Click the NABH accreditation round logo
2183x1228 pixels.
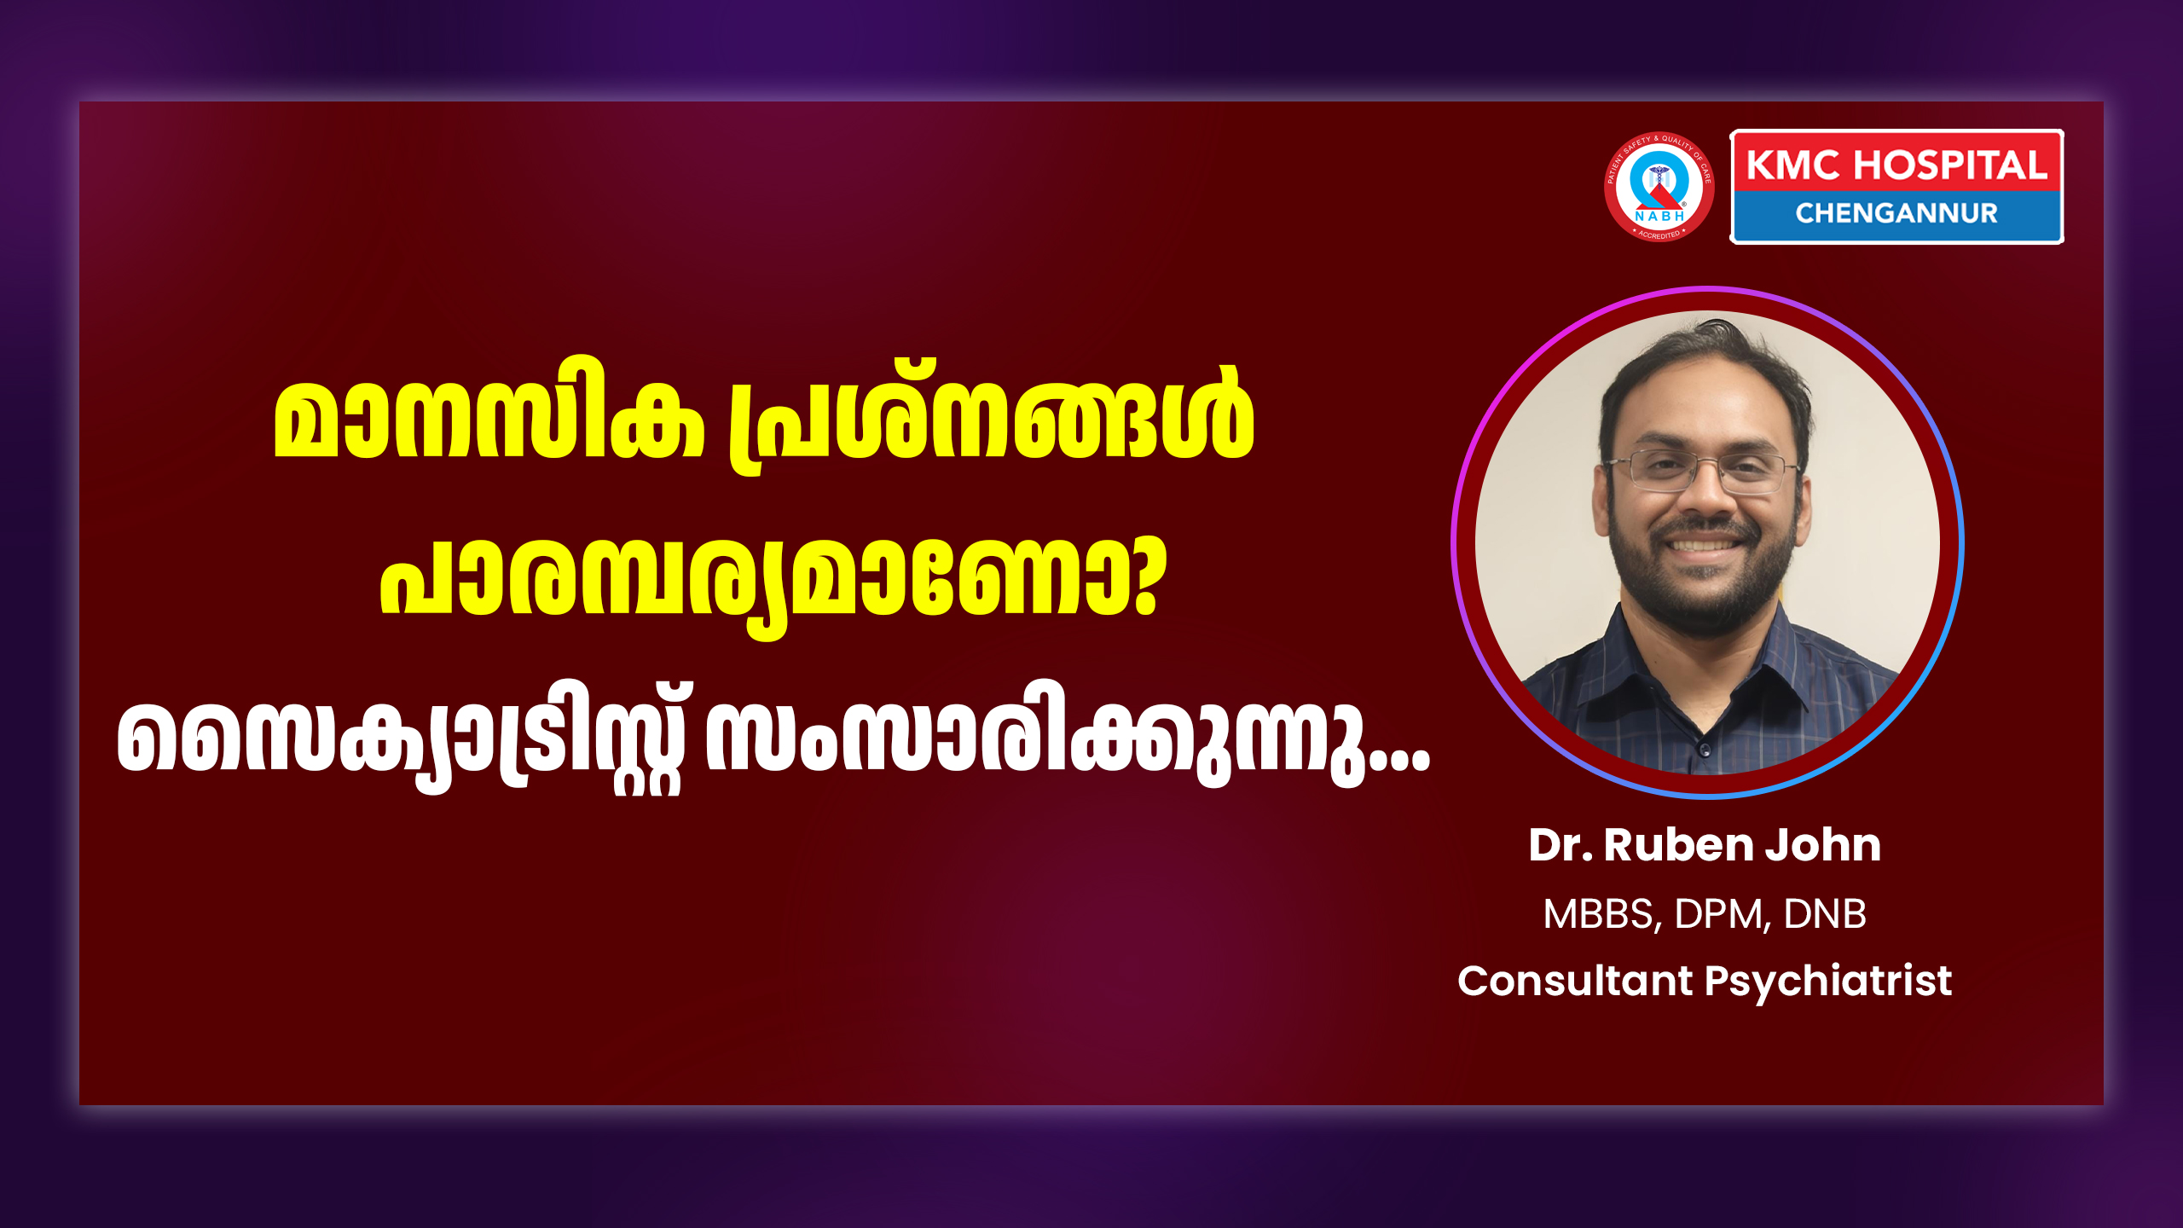(x=1659, y=187)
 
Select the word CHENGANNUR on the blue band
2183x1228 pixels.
(x=1896, y=213)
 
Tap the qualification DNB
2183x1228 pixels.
(x=1825, y=913)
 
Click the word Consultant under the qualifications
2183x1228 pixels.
(x=1574, y=981)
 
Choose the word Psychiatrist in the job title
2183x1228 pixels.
(x=1828, y=982)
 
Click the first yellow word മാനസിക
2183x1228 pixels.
(x=489, y=418)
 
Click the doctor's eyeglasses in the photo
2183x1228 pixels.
(x=1702, y=472)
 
